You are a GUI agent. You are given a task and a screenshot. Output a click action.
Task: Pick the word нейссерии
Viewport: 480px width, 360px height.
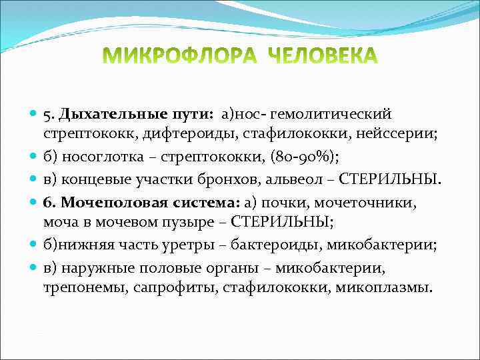tap(397, 135)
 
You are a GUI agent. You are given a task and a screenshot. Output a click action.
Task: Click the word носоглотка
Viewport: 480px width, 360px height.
tap(96, 158)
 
